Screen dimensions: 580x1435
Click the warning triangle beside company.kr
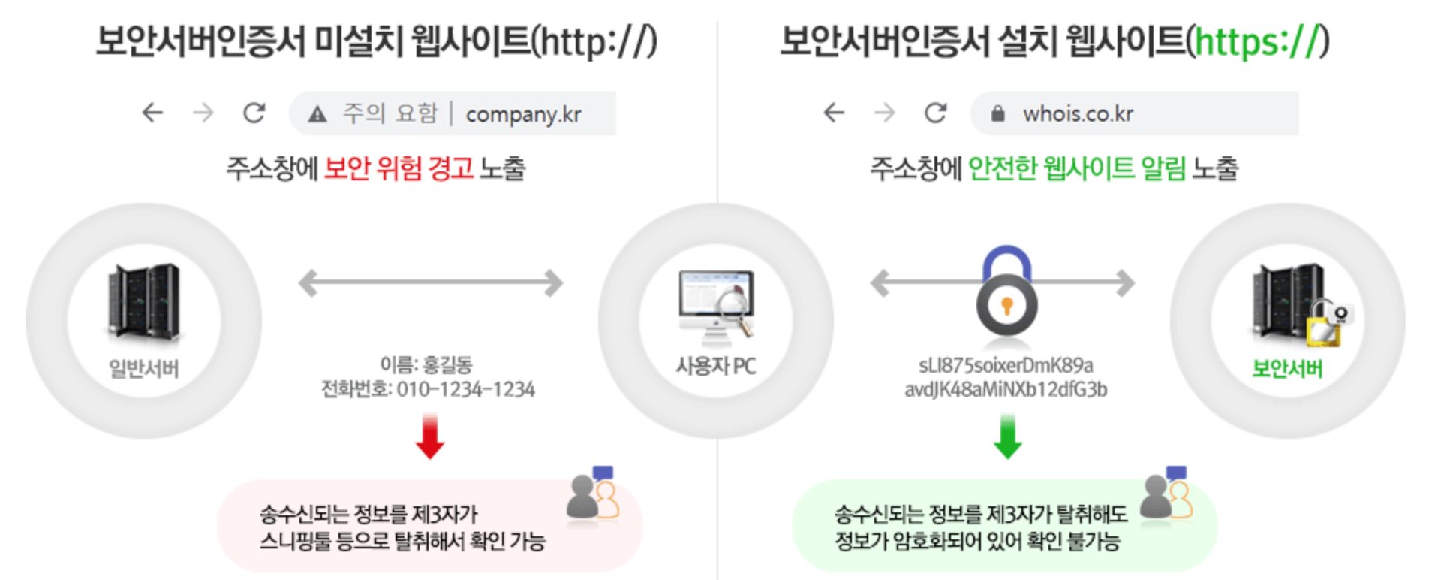click(x=317, y=114)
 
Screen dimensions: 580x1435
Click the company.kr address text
click(x=523, y=114)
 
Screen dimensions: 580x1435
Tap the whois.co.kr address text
click(x=1078, y=113)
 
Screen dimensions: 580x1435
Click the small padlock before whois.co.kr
click(x=997, y=113)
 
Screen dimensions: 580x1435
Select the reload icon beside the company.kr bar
click(x=254, y=113)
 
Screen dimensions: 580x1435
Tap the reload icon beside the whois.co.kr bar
click(x=935, y=113)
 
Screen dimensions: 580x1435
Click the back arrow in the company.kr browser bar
click(x=153, y=113)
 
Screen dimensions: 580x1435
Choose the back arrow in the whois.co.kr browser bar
click(x=835, y=113)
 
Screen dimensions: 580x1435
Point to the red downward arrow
click(x=430, y=437)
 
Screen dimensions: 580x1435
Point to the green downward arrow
click(x=1007, y=437)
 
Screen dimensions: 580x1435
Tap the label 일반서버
click(x=143, y=369)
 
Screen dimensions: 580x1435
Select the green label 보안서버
click(x=1286, y=369)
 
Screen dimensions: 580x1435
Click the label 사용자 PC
click(x=715, y=367)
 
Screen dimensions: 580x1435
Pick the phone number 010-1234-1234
click(x=465, y=390)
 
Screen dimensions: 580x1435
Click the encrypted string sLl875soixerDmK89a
click(x=1006, y=366)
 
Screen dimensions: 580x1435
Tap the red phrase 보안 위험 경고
click(x=399, y=168)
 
